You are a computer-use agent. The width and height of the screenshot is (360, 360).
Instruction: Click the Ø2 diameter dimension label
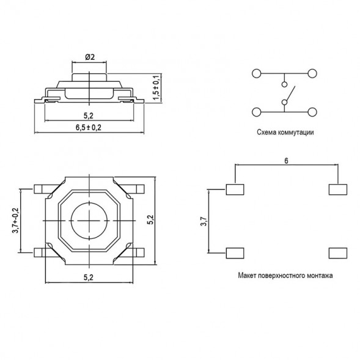coord(89,56)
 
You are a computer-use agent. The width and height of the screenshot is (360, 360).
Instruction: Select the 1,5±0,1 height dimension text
coord(157,87)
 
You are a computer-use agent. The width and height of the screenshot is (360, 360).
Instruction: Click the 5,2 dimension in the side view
coord(88,114)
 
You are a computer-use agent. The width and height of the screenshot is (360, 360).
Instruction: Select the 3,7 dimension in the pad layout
coord(204,221)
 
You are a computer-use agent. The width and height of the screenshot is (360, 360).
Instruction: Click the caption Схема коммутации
coord(285,131)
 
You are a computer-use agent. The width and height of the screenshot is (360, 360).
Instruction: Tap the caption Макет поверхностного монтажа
coord(285,276)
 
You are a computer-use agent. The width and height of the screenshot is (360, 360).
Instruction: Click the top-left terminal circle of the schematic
coord(257,73)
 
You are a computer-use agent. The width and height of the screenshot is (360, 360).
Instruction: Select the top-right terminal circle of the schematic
coord(313,73)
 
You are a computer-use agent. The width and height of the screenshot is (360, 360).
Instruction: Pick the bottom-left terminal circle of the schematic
coord(257,112)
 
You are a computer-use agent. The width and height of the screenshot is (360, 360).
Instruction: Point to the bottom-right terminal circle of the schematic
coord(313,112)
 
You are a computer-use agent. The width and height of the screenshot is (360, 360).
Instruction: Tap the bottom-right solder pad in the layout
coord(337,252)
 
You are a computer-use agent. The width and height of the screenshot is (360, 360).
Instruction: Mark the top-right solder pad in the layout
coord(337,189)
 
